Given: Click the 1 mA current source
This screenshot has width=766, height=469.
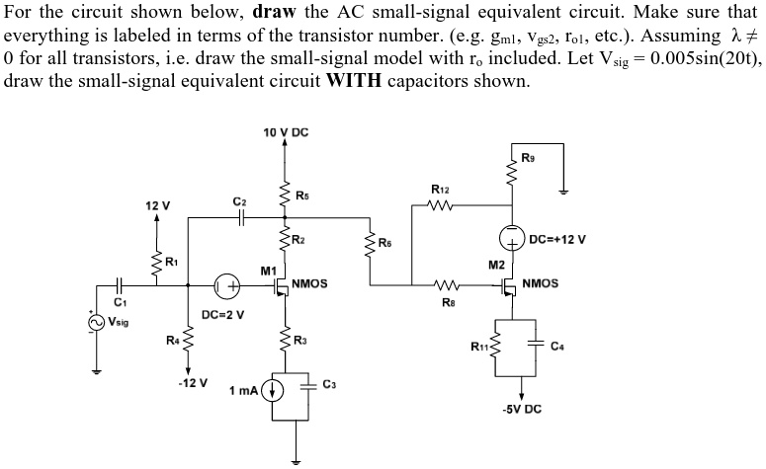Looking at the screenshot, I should pyautogui.click(x=278, y=392).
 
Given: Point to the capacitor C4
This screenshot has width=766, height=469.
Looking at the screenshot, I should pyautogui.click(x=539, y=345).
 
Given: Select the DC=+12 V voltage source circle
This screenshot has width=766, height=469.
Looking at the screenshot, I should pyautogui.click(x=514, y=239).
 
